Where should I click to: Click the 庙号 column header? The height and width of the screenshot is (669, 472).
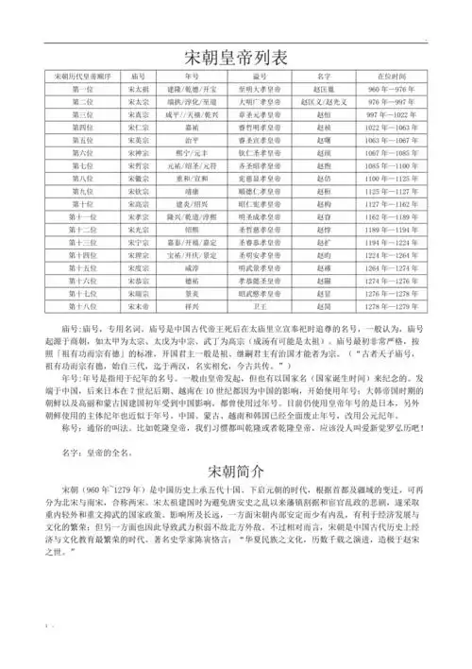[x=135, y=74]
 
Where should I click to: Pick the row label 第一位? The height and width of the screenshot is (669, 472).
[x=83, y=87]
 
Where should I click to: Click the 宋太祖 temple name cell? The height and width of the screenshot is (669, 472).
[x=135, y=87]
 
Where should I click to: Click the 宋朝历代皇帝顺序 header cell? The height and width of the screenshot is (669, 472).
[x=83, y=74]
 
